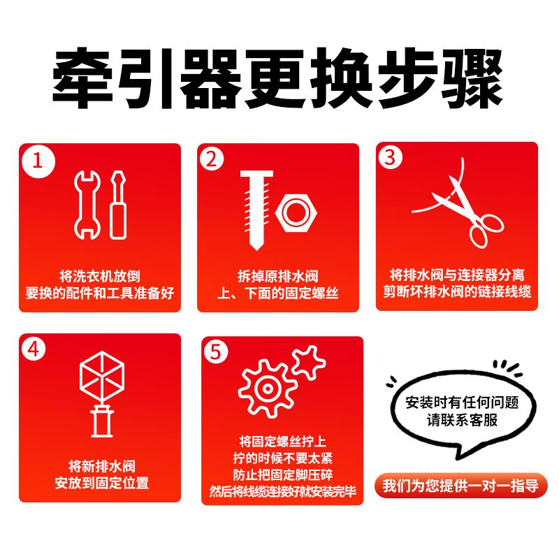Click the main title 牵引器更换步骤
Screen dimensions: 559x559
tap(279, 77)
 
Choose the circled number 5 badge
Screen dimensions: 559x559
tap(217, 352)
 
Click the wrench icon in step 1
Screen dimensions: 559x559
tap(85, 203)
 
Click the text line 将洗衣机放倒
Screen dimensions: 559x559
tap(99, 275)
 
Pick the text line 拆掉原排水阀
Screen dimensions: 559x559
tap(277, 275)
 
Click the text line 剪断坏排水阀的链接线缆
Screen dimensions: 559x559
tap(457, 291)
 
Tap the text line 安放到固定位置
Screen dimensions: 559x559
tap(101, 483)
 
